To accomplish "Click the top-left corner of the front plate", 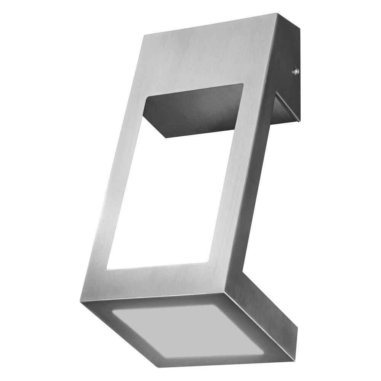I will coord(144,35).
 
